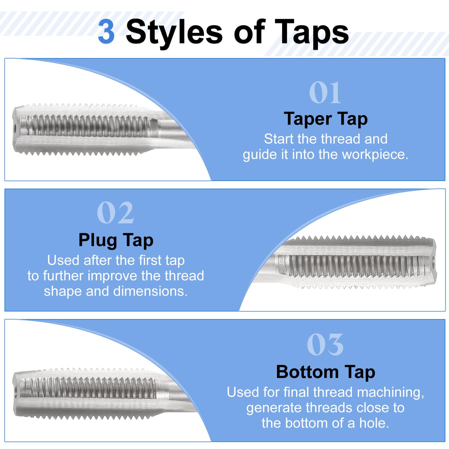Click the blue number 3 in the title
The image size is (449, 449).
106,32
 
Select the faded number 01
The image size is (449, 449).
325,93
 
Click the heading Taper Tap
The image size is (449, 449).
326,119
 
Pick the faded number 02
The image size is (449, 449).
115,213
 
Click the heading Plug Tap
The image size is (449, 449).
116,240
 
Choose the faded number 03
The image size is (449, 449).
325,344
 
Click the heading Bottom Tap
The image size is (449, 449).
326,372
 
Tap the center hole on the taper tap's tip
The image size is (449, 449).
15,130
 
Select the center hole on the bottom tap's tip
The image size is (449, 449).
15,391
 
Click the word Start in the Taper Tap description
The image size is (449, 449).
279,139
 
